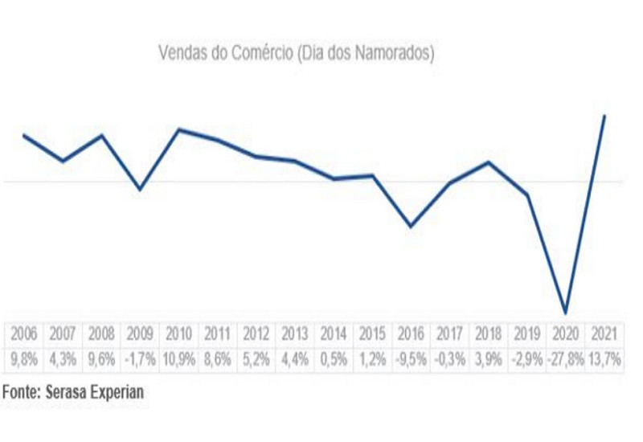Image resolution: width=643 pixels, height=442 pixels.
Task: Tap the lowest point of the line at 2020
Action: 566,313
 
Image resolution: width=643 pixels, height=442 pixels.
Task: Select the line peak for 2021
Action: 604,116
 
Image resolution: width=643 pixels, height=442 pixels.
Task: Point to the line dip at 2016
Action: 411,227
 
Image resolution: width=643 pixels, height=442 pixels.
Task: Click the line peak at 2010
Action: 178,129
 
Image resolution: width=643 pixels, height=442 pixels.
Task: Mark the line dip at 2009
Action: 140,190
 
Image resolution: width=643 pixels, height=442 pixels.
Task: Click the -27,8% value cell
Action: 566,359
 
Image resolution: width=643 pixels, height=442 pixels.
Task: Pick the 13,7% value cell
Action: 604,359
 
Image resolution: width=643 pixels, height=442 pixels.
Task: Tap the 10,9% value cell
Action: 178,359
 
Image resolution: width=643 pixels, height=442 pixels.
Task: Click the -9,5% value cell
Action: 411,359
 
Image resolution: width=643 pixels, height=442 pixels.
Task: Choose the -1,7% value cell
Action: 140,359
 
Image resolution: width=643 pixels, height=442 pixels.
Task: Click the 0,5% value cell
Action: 334,359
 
